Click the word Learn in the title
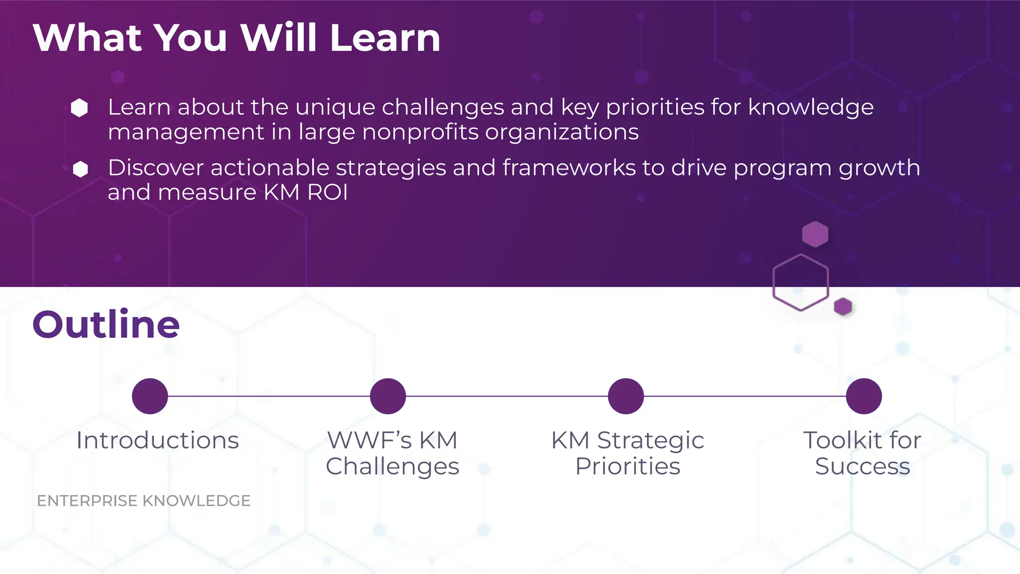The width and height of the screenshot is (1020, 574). click(385, 38)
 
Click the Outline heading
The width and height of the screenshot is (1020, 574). click(106, 325)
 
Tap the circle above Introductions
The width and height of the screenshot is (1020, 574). click(150, 396)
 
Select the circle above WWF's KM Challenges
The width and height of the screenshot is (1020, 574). click(388, 396)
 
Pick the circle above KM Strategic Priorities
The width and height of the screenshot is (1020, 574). click(626, 396)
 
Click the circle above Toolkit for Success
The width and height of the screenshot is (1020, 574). click(864, 396)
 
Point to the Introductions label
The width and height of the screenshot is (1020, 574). click(157, 440)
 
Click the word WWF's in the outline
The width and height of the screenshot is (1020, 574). click(370, 440)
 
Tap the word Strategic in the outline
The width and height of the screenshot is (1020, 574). click(650, 440)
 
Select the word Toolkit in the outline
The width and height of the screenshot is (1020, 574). click(842, 440)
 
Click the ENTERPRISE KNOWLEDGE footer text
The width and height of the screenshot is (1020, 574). click(143, 501)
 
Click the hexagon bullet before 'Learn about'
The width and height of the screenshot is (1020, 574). click(80, 108)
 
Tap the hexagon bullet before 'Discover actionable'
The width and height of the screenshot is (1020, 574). click(80, 169)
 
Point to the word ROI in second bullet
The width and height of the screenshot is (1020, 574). click(327, 192)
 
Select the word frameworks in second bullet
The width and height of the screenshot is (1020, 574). click(569, 168)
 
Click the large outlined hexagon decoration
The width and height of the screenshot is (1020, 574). click(800, 283)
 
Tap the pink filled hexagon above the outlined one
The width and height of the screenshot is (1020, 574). click(815, 234)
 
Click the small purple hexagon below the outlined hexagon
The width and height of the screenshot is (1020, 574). click(843, 306)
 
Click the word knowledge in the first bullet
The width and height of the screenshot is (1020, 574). click(810, 108)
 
